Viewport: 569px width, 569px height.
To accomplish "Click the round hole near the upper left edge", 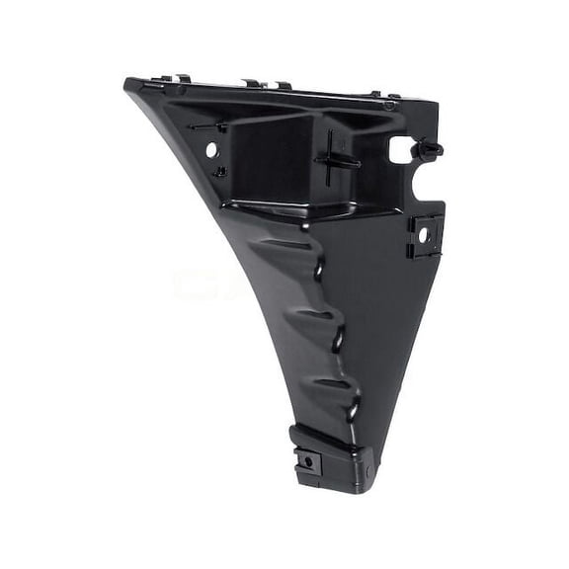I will (211, 148).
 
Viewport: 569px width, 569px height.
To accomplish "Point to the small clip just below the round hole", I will (219, 172).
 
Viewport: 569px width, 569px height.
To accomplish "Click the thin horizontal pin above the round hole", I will (209, 126).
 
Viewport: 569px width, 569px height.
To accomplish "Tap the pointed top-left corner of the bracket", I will (126, 83).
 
